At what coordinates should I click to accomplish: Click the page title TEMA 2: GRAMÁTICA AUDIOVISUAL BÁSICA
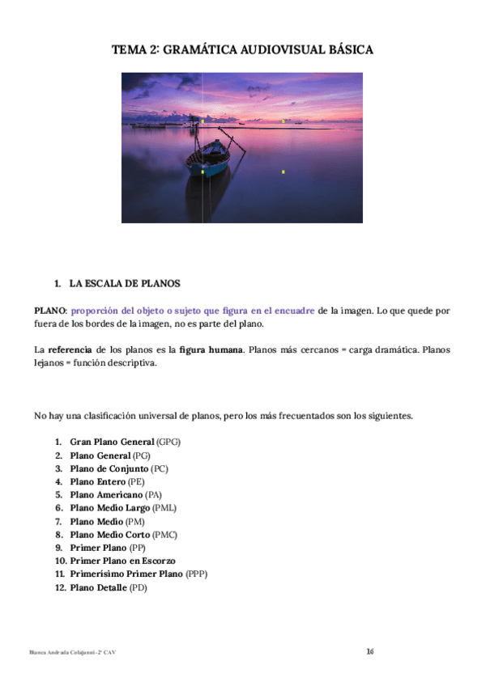coord(242,50)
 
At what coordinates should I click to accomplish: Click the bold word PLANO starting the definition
coord(49,310)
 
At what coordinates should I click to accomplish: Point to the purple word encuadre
coord(296,310)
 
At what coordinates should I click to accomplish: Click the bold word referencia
coord(69,349)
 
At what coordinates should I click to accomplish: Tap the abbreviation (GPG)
coord(168,443)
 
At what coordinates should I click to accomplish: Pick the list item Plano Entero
coord(98,482)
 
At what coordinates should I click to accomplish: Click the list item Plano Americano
coord(104,494)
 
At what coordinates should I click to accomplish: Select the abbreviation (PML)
coord(164,508)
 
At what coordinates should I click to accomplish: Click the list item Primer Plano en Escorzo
coord(122,561)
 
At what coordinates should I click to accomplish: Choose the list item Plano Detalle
coord(99,587)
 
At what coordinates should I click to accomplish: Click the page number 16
coord(369,652)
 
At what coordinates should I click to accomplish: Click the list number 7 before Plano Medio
coord(59,521)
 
